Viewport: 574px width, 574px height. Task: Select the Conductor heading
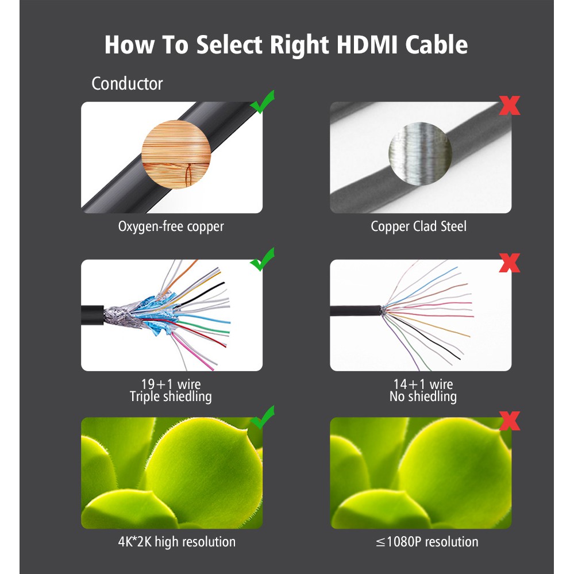(127, 84)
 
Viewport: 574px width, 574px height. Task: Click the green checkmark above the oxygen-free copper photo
(263, 102)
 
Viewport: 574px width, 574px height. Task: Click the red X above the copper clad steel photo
(510, 105)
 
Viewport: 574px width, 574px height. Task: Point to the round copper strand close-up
(176, 154)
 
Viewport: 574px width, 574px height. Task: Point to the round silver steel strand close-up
(420, 154)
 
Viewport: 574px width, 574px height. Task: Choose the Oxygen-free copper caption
(171, 226)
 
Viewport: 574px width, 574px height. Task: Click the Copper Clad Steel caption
(418, 226)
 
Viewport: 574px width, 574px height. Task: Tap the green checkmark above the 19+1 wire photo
(263, 260)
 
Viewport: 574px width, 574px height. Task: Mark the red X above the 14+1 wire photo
(510, 263)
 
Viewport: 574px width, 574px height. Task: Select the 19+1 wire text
(171, 384)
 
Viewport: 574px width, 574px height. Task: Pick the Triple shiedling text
(171, 397)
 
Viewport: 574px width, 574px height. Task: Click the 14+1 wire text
(423, 384)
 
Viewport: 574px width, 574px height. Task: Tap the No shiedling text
(423, 397)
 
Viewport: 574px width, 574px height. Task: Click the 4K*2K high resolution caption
(177, 542)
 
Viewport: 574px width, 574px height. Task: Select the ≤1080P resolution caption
(427, 542)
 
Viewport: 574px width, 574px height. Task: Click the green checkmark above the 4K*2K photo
(263, 417)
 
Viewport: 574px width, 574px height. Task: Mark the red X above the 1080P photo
(510, 421)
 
